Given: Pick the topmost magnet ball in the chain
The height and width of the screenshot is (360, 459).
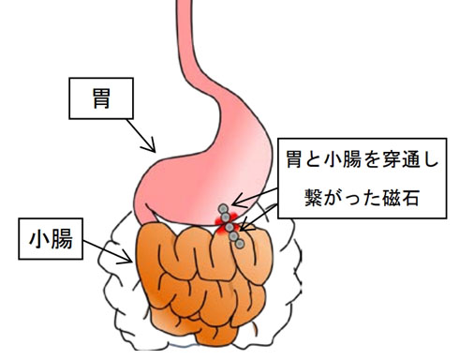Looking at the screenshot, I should pos(222,209).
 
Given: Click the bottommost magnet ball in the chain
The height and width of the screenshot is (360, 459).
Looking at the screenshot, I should pos(241,243).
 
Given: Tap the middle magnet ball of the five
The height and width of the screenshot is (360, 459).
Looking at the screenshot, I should pos(229,226).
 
